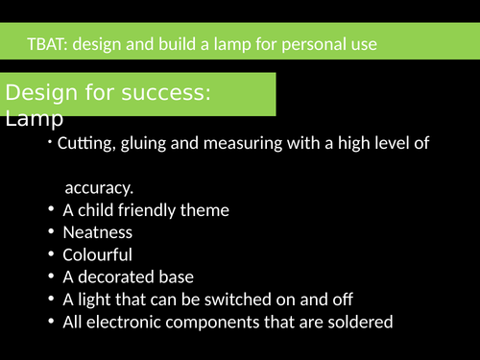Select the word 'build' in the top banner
183,44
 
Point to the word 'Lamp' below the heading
34,119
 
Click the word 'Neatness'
97,232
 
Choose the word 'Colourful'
97,255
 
